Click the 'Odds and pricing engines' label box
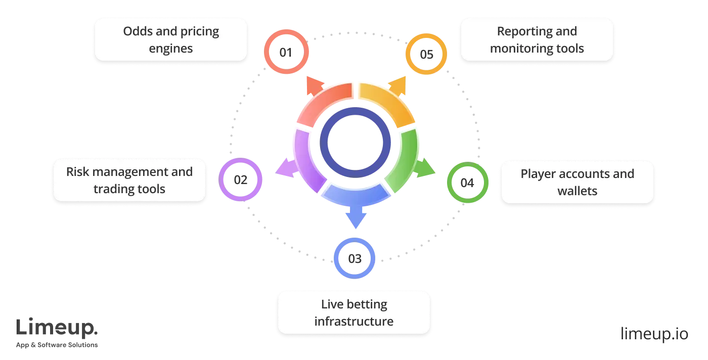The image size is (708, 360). pos(171,40)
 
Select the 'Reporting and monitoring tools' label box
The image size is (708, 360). pos(537,40)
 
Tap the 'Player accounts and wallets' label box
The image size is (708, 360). pos(577,182)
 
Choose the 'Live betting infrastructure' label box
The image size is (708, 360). pos(353,313)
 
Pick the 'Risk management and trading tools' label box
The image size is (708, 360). pos(129,180)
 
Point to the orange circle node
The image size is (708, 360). pos(426,54)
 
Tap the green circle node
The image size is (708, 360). pos(467,183)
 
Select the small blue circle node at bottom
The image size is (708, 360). pos(355,258)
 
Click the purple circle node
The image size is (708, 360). pos(240,179)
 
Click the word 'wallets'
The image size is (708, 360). pos(577,191)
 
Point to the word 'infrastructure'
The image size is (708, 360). pos(353,322)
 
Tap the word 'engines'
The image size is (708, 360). pos(171,49)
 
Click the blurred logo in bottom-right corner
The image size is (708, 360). pos(654,332)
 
